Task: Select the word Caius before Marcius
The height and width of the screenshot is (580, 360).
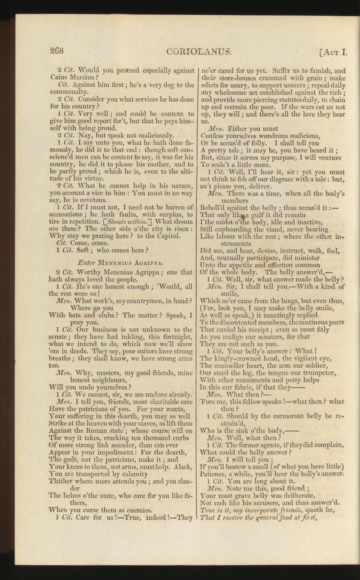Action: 59,77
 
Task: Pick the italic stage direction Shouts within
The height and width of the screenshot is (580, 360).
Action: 122,222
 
